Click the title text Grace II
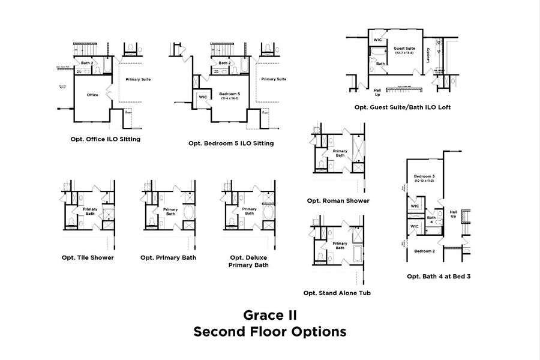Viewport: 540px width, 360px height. click(x=269, y=314)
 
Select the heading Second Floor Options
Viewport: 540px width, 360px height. click(x=269, y=331)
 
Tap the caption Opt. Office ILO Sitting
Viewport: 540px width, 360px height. click(x=106, y=139)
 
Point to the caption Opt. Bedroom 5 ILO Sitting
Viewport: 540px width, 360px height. click(x=231, y=143)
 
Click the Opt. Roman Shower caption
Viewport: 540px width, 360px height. click(x=338, y=200)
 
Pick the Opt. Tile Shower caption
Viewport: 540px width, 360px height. click(x=88, y=257)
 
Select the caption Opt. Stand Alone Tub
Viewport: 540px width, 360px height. click(x=337, y=293)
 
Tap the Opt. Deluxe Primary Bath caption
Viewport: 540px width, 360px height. click(x=248, y=261)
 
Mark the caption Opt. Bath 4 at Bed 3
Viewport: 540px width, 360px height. click(x=438, y=277)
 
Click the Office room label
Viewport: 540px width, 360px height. click(x=92, y=95)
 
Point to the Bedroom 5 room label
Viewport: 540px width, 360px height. click(x=229, y=94)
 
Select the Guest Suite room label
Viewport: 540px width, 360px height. click(x=404, y=49)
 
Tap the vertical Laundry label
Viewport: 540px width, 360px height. click(x=428, y=55)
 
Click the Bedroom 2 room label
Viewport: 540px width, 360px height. click(x=424, y=250)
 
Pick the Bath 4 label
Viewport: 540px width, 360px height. click(x=431, y=220)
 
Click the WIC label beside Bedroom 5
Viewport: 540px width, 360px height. click(x=203, y=97)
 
